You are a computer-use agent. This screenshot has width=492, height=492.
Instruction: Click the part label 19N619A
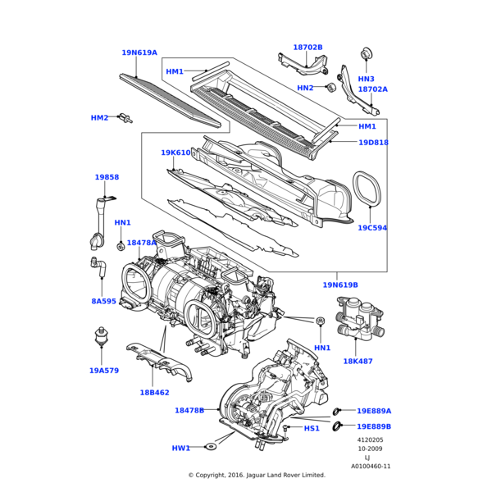click(x=139, y=52)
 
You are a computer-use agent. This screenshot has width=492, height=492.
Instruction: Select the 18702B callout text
click(x=307, y=48)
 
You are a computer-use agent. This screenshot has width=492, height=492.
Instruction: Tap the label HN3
click(x=366, y=79)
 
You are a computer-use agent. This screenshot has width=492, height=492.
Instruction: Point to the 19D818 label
click(x=373, y=143)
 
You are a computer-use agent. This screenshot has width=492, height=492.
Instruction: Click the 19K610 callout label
click(x=175, y=153)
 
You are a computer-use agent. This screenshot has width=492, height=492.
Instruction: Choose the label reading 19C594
click(x=372, y=228)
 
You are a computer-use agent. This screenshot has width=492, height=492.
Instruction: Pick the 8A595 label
click(x=103, y=301)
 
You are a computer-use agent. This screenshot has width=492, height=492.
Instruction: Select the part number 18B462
click(x=154, y=393)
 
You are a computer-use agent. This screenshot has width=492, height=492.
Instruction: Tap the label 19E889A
click(x=374, y=411)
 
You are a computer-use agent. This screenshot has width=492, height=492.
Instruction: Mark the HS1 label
click(x=312, y=428)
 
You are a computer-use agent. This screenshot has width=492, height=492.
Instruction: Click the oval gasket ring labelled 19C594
click(x=367, y=190)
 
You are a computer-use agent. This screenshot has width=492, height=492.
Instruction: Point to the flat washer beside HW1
click(x=212, y=446)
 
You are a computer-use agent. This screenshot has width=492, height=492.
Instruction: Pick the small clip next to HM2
click(x=125, y=117)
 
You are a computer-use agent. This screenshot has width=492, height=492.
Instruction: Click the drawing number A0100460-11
click(x=371, y=466)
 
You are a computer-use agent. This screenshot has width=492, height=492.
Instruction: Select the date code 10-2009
click(x=368, y=449)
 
